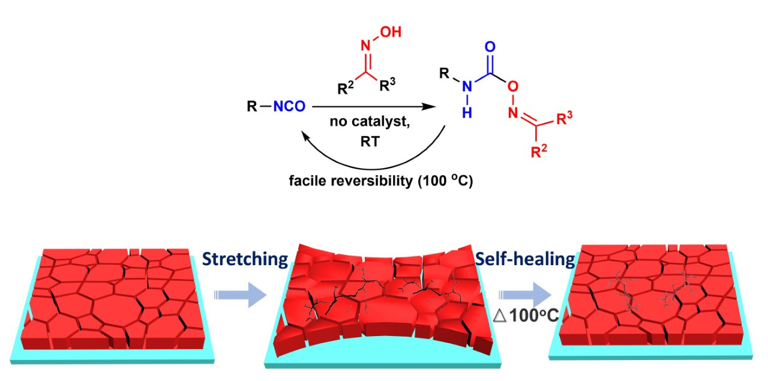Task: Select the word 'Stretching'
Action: (x=245, y=260)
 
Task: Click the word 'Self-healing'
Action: (x=525, y=260)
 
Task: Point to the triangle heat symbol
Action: (x=499, y=316)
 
